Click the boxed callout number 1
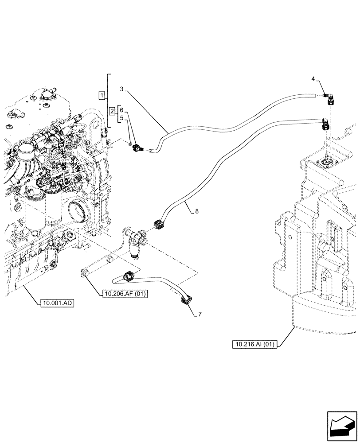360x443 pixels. (x=102, y=95)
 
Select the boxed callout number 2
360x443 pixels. (x=113, y=111)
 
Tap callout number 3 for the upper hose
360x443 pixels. (x=121, y=89)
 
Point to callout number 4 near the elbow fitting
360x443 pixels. (x=313, y=79)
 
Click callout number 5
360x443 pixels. (x=121, y=118)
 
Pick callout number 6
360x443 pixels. (x=121, y=110)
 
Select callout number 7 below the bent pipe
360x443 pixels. (x=200, y=314)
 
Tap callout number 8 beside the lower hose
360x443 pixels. (x=197, y=212)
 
